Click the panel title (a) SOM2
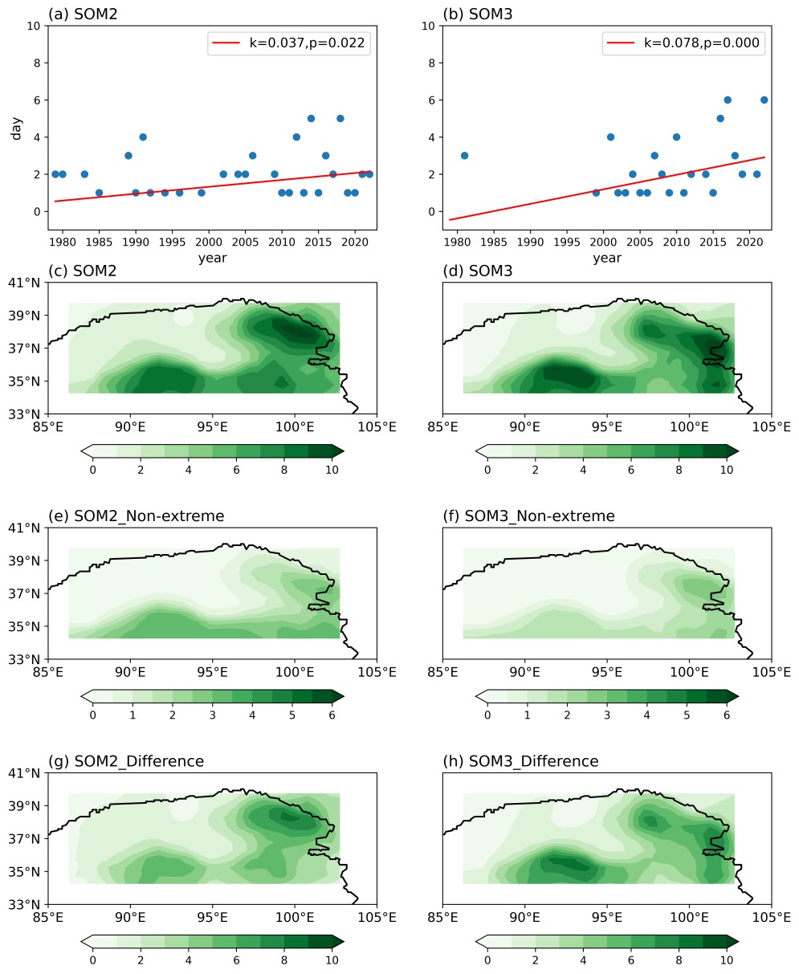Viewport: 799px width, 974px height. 84,14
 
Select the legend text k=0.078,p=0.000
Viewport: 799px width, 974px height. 701,43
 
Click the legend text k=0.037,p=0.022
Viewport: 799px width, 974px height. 307,43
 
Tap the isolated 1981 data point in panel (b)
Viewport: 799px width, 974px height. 464,156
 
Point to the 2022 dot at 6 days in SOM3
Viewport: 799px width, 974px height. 764,100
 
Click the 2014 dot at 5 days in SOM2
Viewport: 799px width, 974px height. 311,119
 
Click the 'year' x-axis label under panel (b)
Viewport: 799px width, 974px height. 607,258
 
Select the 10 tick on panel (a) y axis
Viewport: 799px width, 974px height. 34,26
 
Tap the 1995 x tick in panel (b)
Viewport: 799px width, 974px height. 567,241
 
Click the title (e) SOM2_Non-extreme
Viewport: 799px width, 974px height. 137,516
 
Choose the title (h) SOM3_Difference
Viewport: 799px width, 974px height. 520,761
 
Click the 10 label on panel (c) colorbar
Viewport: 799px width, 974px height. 332,470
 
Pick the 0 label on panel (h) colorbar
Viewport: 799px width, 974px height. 487,960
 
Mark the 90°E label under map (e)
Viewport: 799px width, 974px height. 131,670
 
